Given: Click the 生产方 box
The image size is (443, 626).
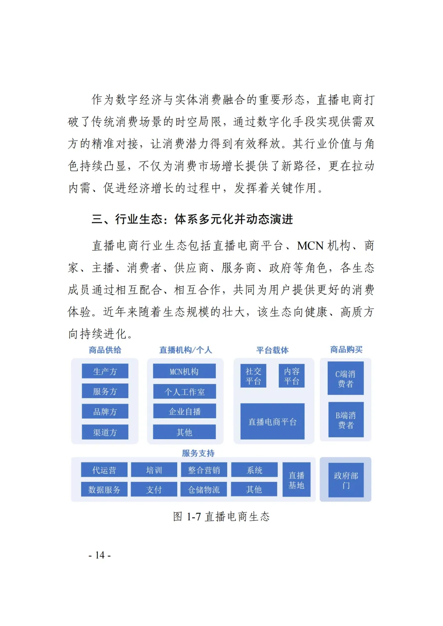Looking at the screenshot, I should click(x=105, y=371).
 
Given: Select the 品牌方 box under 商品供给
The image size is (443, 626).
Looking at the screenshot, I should click(x=105, y=411).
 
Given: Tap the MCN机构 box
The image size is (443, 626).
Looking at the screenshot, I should click(x=184, y=371).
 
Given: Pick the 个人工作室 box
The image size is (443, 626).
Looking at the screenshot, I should click(x=184, y=391).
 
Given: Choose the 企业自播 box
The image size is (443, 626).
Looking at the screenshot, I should click(x=184, y=411).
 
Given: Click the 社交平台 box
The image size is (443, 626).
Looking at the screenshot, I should click(x=253, y=376).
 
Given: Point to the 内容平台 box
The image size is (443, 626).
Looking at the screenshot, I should click(x=292, y=376).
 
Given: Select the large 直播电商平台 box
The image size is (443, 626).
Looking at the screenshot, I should click(x=272, y=421).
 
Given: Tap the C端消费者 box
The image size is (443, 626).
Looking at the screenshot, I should click(x=345, y=378).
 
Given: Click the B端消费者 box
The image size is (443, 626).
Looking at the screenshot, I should click(x=345, y=420).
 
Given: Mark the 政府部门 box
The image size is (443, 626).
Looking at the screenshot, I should click(x=346, y=480).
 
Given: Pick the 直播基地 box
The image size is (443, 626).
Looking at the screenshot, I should click(x=296, y=480).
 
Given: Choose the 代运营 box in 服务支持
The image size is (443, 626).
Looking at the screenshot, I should click(x=104, y=470).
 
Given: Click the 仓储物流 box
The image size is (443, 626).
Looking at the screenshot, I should click(x=204, y=490).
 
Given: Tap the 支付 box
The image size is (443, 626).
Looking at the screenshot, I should click(x=154, y=490).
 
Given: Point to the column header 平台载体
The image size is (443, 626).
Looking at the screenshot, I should click(x=272, y=350).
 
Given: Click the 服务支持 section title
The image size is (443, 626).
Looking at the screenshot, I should click(x=198, y=453).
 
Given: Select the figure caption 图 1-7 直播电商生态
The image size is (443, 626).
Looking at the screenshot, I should click(x=221, y=516).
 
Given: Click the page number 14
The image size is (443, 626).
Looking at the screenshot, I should click(x=100, y=555).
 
